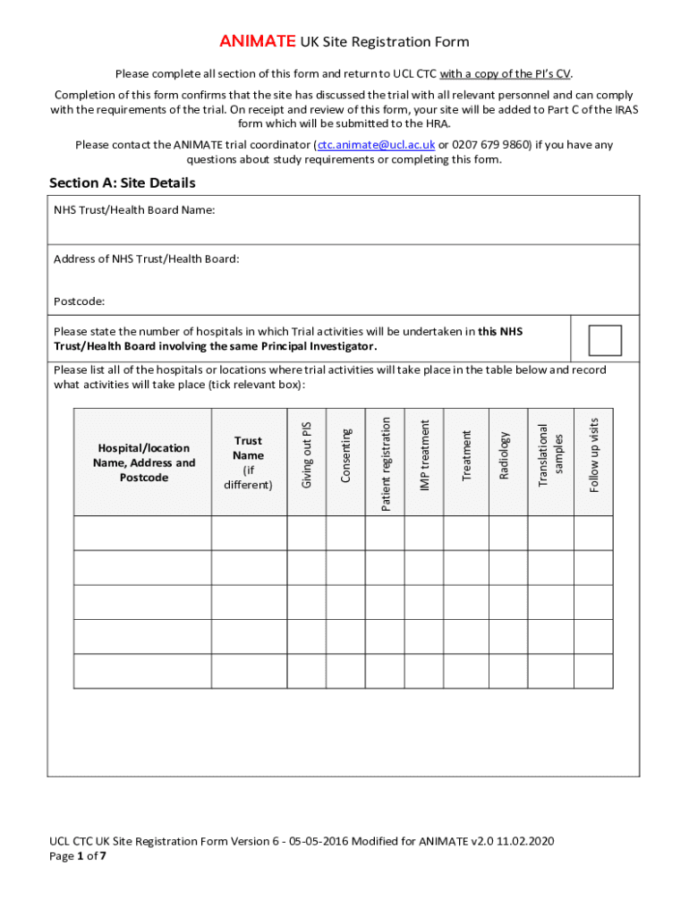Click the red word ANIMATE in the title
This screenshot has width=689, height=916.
pyautogui.click(x=258, y=42)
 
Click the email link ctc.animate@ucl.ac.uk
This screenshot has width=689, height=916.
pyautogui.click(x=376, y=145)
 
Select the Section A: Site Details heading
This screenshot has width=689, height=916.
pyautogui.click(x=122, y=183)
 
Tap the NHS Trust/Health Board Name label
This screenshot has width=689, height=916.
pyautogui.click(x=133, y=211)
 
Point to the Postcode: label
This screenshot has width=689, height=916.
pyautogui.click(x=79, y=302)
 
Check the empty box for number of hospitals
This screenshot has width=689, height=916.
pyautogui.click(x=605, y=340)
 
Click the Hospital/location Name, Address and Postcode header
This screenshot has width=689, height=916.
pyautogui.click(x=143, y=462)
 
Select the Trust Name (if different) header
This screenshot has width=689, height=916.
pyautogui.click(x=248, y=462)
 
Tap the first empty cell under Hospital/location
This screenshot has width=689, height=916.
pyautogui.click(x=142, y=533)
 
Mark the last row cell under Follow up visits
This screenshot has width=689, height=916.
pyautogui.click(x=593, y=671)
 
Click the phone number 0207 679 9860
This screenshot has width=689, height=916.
pyautogui.click(x=491, y=145)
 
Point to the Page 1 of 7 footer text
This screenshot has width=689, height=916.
pyautogui.click(x=78, y=856)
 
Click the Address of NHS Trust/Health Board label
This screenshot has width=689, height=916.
pyautogui.click(x=146, y=259)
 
